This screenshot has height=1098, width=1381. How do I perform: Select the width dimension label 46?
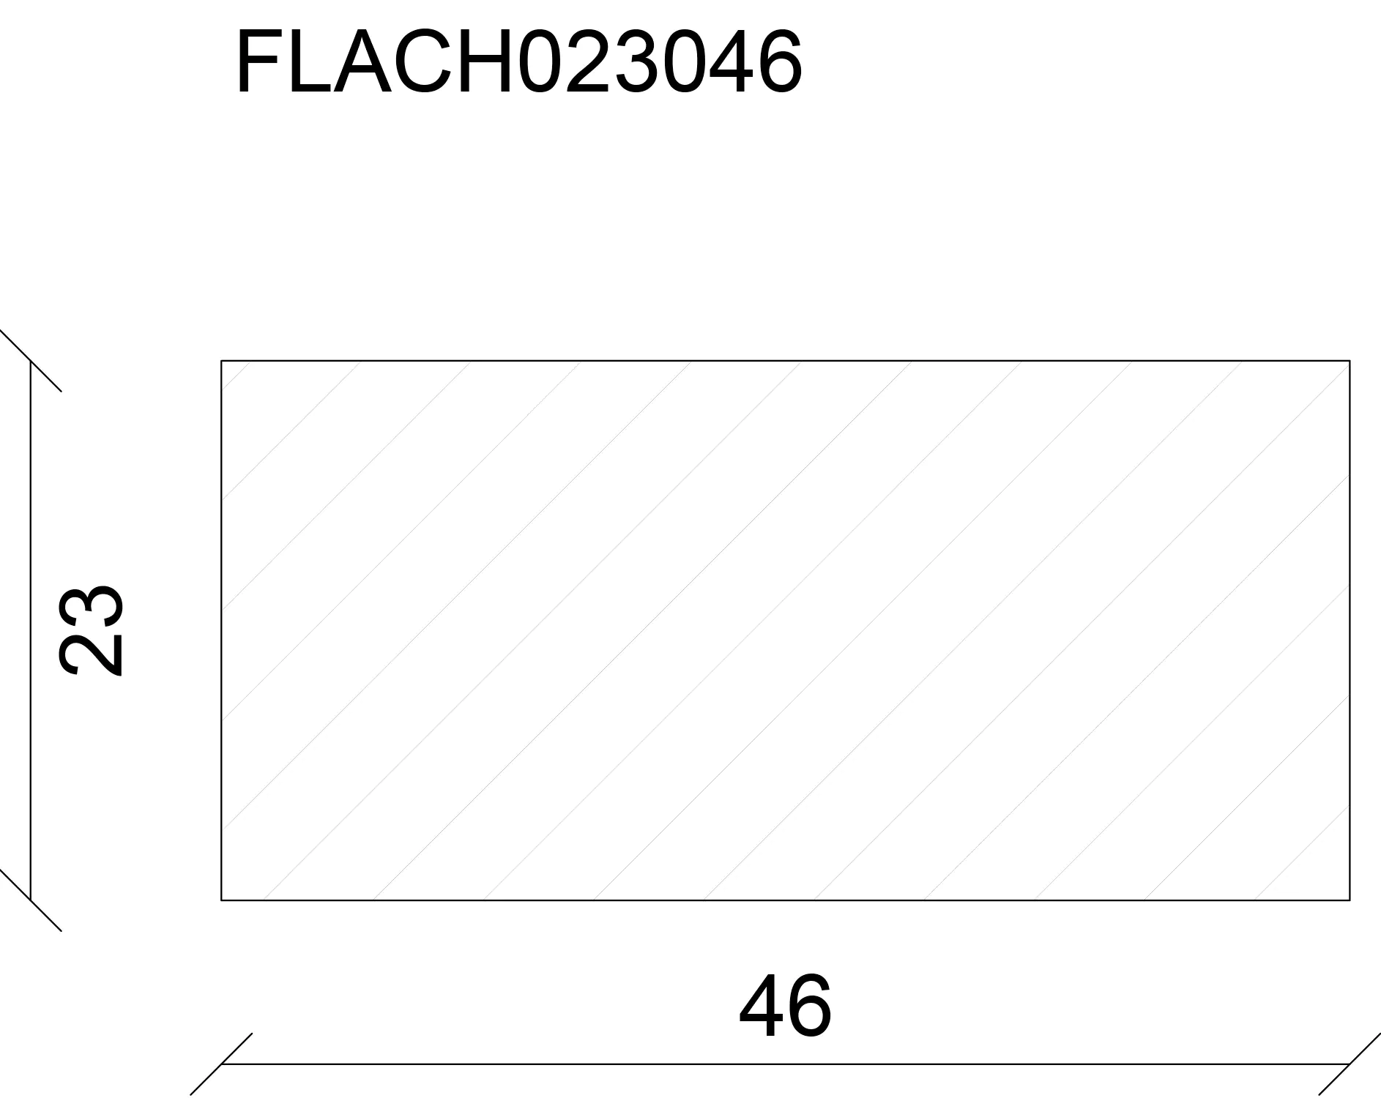coord(785,1007)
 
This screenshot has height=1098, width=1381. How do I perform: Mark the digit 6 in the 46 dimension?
coord(808,1007)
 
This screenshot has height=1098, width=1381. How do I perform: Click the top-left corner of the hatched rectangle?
coord(221,361)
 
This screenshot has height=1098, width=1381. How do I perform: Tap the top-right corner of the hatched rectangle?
coord(1350,361)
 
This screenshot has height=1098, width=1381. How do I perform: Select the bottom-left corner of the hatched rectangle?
coord(221,900)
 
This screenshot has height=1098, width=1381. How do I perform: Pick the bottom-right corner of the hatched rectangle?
coord(1350,900)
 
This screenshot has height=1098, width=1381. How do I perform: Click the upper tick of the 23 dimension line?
coord(31,361)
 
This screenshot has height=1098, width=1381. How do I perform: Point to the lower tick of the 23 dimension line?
coord(31,900)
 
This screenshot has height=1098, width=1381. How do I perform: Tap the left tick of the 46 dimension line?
coord(221,1064)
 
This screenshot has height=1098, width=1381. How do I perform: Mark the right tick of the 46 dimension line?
coord(1350,1064)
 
